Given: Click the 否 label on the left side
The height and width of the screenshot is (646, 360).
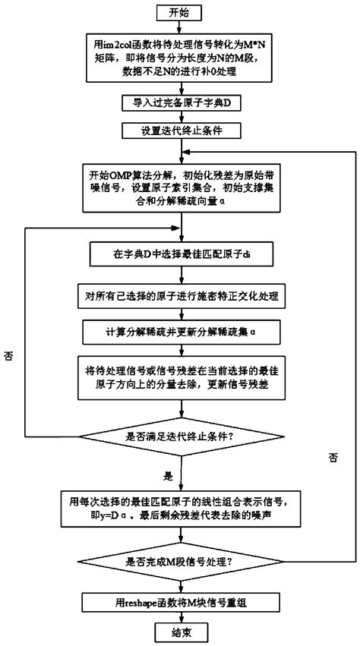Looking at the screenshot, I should [8, 356].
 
